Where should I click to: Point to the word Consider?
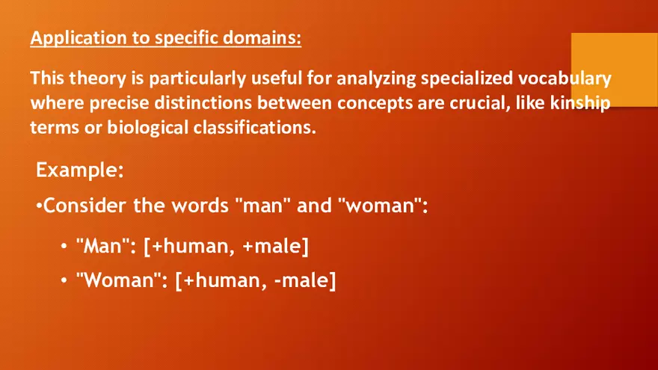[82, 206]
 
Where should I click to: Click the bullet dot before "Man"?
[65, 246]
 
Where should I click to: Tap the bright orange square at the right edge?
[614, 70]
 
